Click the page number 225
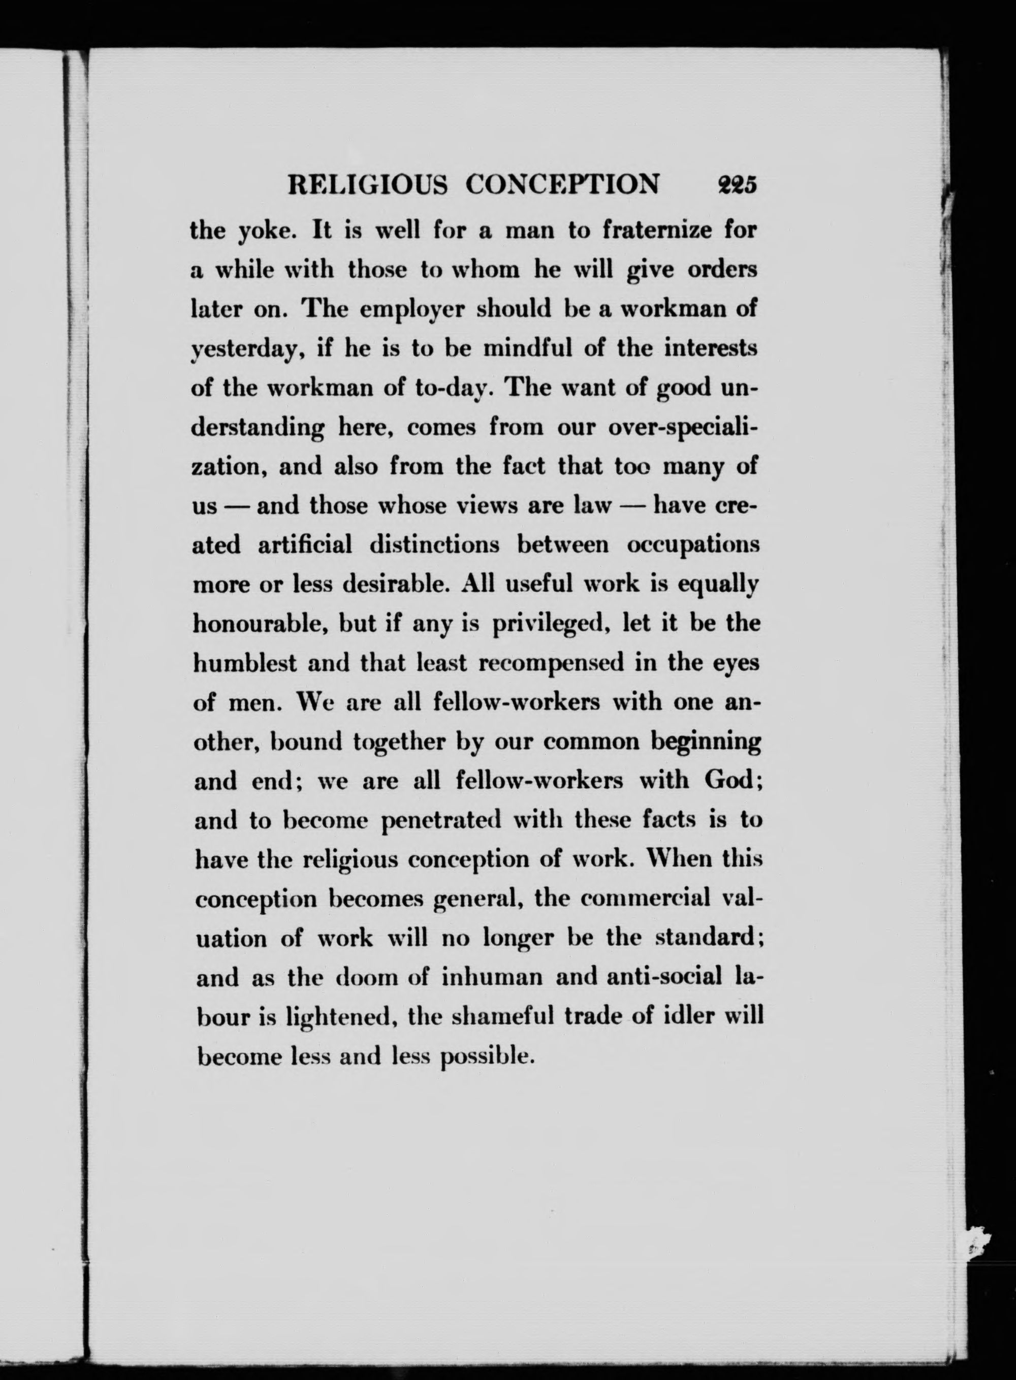pos(735,184)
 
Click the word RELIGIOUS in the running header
pos(368,184)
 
